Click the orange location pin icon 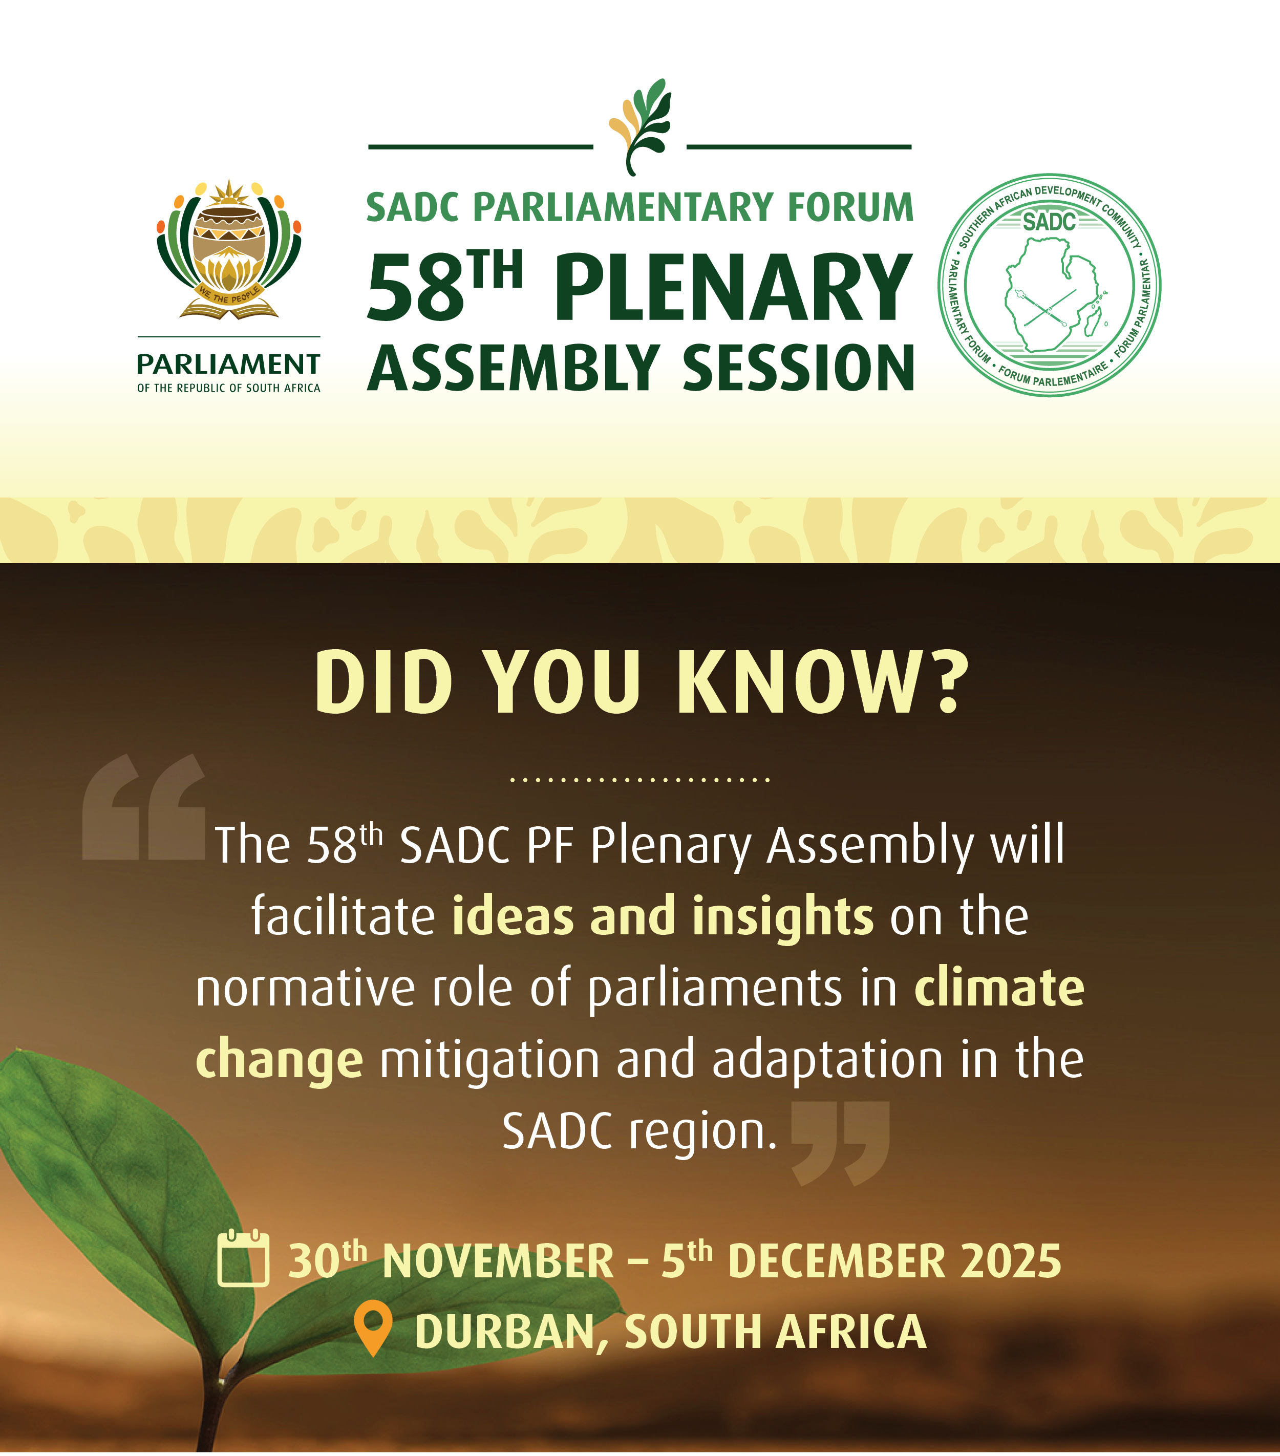click(373, 1329)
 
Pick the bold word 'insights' click(783, 917)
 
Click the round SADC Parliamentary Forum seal click(1049, 285)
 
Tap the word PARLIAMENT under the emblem click(229, 364)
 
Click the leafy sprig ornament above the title click(639, 126)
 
